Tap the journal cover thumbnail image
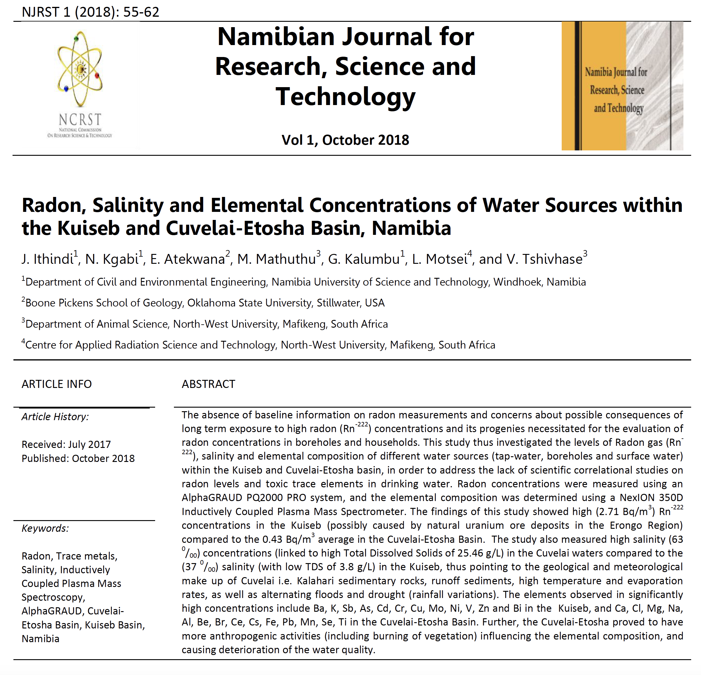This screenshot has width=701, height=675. point(622,86)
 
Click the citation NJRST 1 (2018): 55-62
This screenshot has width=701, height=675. point(90,12)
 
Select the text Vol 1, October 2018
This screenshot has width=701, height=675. point(345,140)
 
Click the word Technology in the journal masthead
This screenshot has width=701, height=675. point(345,97)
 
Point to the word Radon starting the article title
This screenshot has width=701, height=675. point(54,205)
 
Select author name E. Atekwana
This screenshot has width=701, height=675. point(188,259)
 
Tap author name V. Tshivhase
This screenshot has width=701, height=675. point(531,259)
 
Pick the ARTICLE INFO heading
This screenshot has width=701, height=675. point(56,384)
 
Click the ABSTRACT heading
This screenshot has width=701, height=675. point(209,384)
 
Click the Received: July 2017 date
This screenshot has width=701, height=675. point(66,444)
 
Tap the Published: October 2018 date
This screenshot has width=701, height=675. point(78,458)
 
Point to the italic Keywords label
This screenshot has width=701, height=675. point(45,528)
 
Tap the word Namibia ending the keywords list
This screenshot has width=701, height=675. point(40,639)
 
